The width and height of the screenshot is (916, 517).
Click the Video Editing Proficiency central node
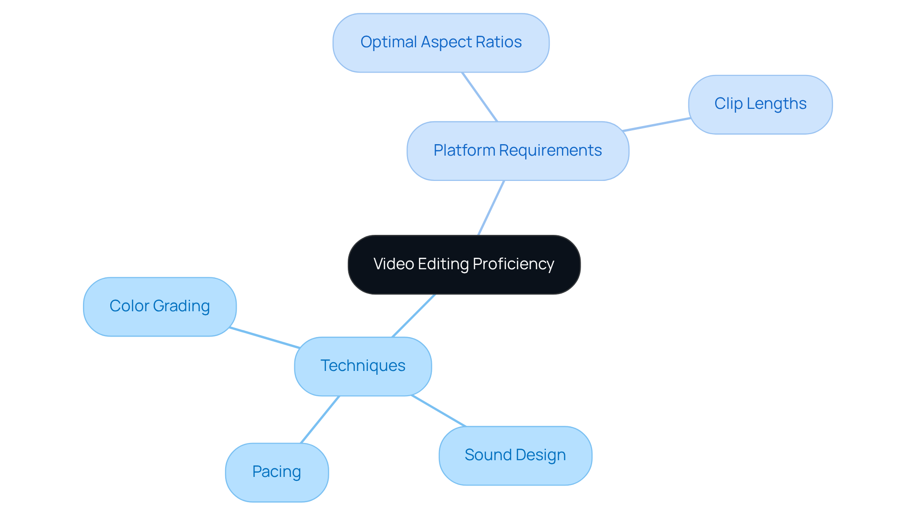464,264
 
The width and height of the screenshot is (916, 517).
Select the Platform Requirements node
518,151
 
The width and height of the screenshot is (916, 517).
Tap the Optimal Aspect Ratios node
441,43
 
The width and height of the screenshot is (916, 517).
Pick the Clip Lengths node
760,104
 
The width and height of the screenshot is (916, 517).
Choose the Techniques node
363,366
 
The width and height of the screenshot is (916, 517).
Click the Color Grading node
159,306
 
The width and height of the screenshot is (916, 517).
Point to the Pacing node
277,472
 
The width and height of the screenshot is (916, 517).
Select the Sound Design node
515,455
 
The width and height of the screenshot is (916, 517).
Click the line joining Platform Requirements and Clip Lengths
656,125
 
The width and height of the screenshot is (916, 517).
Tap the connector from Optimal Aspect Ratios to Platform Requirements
479,97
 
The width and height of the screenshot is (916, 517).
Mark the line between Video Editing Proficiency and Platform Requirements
491,208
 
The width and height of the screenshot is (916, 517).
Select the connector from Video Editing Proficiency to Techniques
413,316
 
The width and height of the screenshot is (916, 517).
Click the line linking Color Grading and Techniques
264,338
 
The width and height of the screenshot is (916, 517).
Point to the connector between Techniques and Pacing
320,420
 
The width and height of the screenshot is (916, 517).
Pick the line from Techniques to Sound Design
438,411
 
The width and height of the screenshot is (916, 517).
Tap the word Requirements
551,151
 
